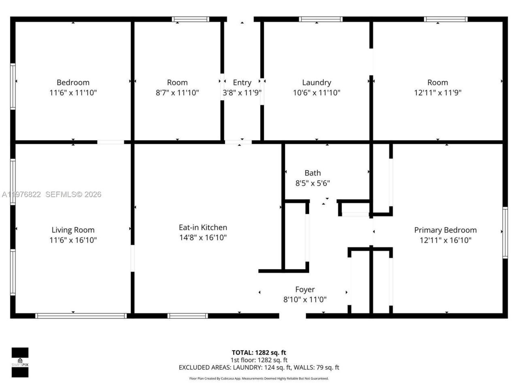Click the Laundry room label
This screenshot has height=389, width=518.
pos(316,83)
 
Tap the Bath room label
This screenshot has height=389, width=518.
pos(312,173)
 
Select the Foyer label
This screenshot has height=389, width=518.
pos(305,289)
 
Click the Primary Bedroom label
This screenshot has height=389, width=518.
pos(445,230)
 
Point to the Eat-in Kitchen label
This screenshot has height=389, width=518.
pos(203,227)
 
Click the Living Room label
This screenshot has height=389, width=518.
pos(73,230)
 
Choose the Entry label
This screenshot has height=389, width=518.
pos(242,83)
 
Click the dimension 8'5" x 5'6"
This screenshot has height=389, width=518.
pos(312,183)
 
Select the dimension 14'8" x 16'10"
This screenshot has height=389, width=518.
pos(203,237)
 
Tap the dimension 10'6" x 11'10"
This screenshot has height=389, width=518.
pos(316,93)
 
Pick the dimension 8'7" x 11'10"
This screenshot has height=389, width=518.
pos(177,93)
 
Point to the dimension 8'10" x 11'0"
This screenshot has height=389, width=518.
pos(305,300)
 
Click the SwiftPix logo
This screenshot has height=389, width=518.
pos(20,362)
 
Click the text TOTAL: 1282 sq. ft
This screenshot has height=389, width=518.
pos(259,353)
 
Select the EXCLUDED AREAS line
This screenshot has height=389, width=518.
pos(259,368)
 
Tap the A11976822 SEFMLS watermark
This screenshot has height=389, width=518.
pos(51,194)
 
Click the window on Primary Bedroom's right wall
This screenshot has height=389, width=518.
pos(505,233)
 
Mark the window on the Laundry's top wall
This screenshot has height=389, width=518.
pos(321,19)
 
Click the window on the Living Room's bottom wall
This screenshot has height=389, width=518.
pos(81,316)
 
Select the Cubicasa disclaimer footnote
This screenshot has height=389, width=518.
pos(259,378)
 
